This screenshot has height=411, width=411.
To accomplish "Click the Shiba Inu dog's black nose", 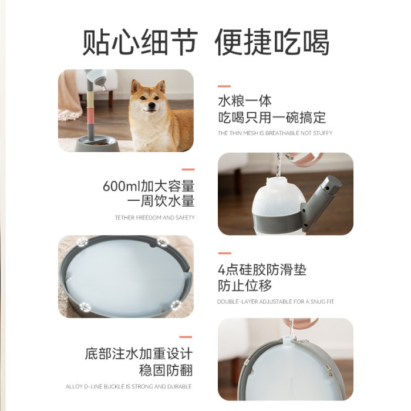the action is (151, 106).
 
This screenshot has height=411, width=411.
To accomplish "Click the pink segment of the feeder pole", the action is (90, 115).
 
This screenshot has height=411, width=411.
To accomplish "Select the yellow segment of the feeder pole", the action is (90, 99).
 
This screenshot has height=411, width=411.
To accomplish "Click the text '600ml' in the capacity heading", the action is (122, 186).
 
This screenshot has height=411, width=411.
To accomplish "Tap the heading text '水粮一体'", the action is (245, 101).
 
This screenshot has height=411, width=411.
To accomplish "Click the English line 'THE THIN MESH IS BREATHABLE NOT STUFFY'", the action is (275, 133).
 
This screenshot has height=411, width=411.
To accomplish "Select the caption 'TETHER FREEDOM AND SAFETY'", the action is (154, 218).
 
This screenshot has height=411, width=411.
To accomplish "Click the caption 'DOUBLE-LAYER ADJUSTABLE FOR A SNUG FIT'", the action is (276, 302).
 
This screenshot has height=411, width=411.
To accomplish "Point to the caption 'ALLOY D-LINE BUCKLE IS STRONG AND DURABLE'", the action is (129, 386).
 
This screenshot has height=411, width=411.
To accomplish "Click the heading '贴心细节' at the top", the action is (140, 42).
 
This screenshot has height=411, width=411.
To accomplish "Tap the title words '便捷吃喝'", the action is (272, 42).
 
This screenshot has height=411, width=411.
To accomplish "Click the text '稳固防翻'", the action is (166, 370).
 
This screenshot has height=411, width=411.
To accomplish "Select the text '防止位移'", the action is (245, 286).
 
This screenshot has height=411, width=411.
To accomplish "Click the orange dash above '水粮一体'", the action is (224, 86).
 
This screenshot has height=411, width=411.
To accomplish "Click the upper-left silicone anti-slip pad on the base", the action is (83, 241).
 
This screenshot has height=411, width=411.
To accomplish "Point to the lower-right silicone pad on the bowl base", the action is (176, 305).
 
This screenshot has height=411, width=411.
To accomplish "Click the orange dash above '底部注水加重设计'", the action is (186, 337).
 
